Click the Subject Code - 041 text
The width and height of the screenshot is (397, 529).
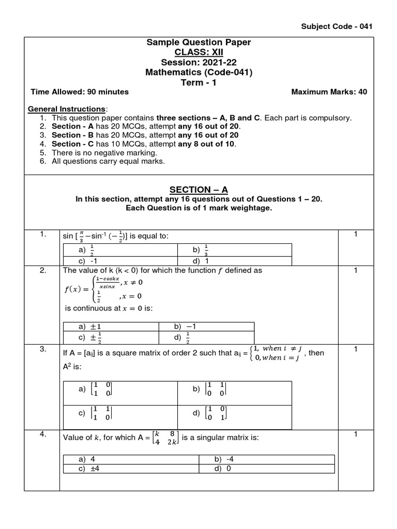(x=336, y=26)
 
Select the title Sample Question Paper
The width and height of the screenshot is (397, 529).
(x=198, y=42)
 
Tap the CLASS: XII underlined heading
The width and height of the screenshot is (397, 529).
(x=198, y=53)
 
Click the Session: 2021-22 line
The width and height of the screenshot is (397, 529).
(x=198, y=63)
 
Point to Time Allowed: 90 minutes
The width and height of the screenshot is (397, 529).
(x=80, y=92)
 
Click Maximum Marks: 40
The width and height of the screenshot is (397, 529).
(x=329, y=92)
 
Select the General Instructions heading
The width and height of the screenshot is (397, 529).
(x=67, y=109)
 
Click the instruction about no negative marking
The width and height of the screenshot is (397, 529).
(x=105, y=152)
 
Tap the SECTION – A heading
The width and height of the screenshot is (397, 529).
(x=198, y=190)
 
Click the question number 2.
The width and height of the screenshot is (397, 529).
(x=43, y=270)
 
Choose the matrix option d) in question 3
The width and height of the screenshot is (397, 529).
(x=209, y=413)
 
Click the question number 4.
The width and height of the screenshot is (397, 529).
(x=43, y=434)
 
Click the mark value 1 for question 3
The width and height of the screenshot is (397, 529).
(x=356, y=349)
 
